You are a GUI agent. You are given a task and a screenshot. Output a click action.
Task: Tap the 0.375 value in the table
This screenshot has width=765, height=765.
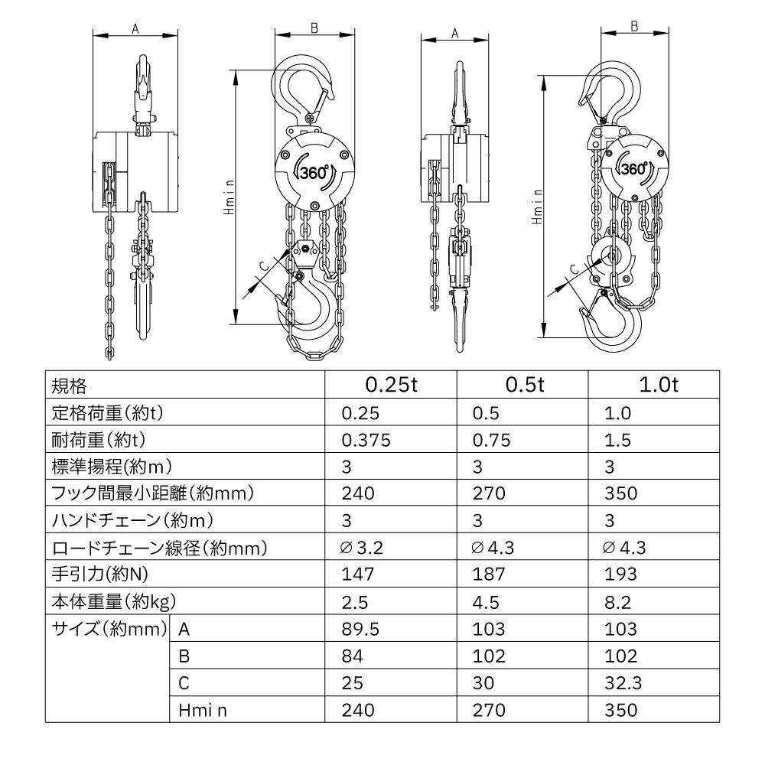366,440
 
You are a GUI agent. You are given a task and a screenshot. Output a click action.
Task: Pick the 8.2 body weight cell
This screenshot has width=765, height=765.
618,601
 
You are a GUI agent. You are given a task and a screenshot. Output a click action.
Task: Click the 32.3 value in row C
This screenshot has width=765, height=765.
620,682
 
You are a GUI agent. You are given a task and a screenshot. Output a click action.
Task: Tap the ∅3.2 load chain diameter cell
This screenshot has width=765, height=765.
360,548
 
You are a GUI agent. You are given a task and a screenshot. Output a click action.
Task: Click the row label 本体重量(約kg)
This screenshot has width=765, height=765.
116,601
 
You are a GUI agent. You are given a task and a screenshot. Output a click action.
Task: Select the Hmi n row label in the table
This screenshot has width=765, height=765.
203,710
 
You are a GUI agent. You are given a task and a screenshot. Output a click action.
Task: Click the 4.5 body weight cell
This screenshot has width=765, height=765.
487,601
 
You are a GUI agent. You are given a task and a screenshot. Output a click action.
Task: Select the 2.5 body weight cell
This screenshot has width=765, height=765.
355,601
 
